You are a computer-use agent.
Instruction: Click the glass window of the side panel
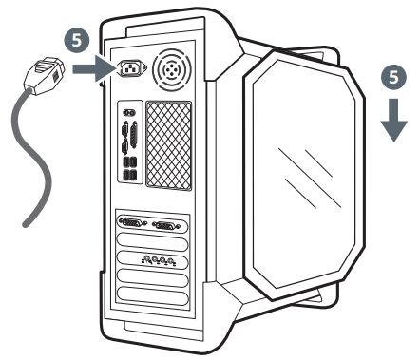[x=304, y=176]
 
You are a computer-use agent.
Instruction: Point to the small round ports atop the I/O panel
[x=130, y=112]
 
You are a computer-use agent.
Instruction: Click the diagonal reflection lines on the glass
[x=314, y=171]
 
